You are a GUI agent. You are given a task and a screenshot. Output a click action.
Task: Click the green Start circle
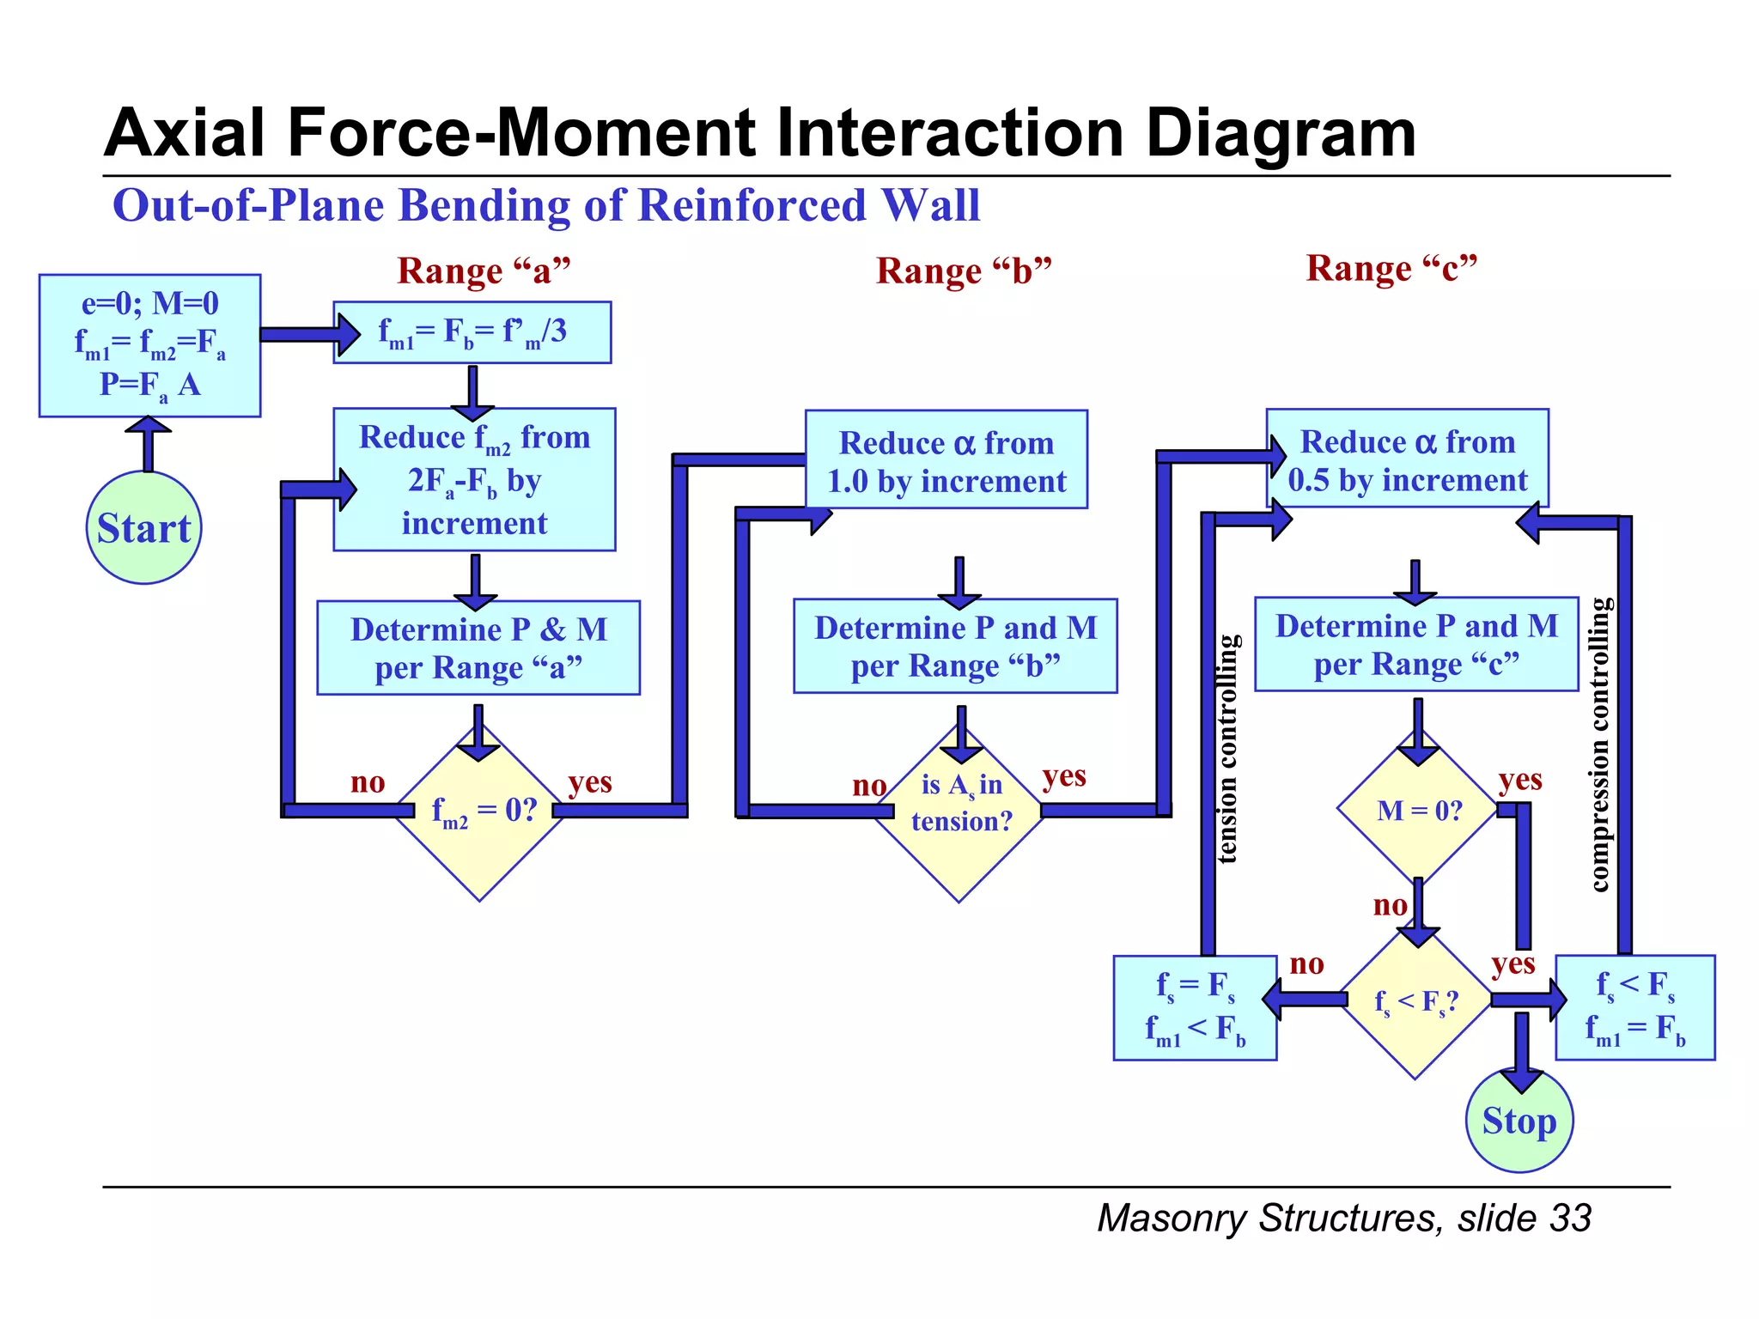coord(143,527)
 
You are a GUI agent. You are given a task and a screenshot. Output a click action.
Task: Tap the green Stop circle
coord(1519,1121)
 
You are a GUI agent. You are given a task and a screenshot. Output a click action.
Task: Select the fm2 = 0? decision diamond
coord(480,812)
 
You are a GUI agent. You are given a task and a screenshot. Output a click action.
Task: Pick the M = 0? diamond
coord(1418,811)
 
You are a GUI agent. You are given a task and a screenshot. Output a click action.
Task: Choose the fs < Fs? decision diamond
coord(1415,1001)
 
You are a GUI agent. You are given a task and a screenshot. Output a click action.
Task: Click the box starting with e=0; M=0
coord(149,345)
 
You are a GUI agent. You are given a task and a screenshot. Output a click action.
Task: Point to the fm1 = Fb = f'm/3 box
coord(472,332)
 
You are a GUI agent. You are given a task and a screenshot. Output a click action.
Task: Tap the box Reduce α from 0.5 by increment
coord(1407,459)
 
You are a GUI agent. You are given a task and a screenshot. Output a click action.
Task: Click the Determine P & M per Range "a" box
coord(478,647)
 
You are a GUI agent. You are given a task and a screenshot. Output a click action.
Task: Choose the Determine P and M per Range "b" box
coord(955,646)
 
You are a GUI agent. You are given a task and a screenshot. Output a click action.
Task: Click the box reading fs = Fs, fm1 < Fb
coord(1194,1007)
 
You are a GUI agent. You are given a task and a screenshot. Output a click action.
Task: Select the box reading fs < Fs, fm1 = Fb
coord(1634,1007)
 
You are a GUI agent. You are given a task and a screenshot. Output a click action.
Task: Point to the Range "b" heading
coord(964,270)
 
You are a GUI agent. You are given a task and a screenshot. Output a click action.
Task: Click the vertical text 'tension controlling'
coord(1228,748)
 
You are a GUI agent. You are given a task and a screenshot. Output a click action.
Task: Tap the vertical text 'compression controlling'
coord(1599,745)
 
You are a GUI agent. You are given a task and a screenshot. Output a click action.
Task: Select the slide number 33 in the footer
coord(1571,1218)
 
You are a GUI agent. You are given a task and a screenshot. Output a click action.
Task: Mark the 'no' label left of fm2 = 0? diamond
coord(368,782)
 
